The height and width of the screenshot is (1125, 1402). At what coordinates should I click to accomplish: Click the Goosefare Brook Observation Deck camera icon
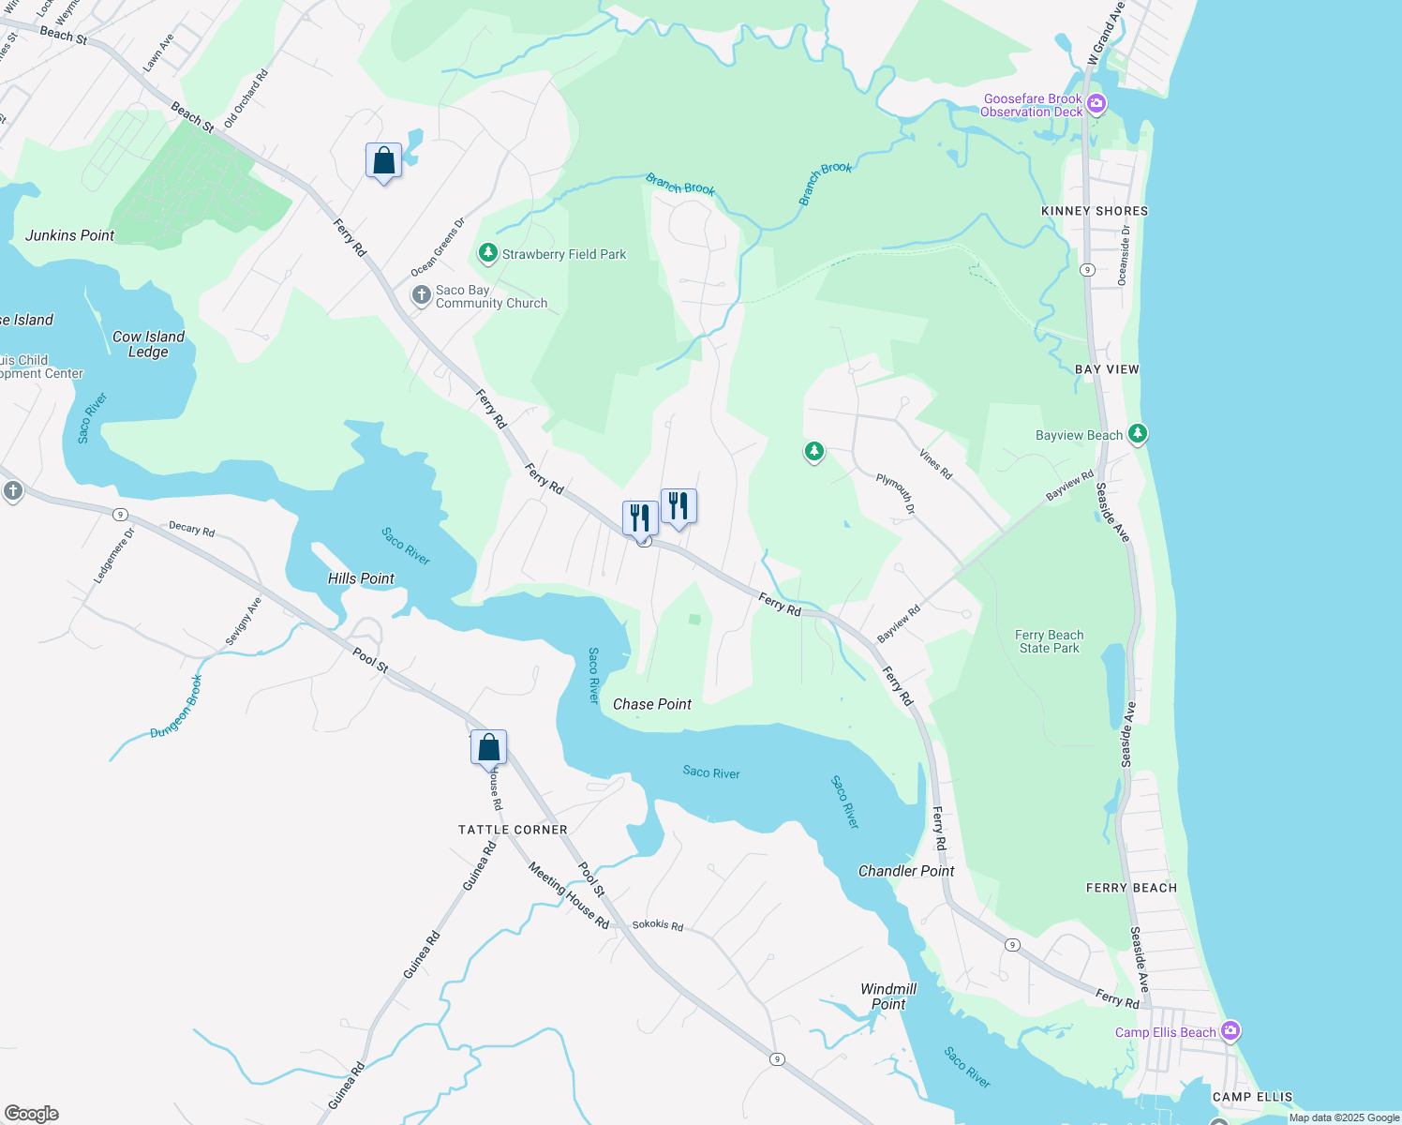click(1096, 104)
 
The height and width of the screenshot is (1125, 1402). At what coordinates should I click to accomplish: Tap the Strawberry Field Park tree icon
click(487, 253)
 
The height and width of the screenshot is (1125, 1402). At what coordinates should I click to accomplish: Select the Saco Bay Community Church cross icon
click(422, 296)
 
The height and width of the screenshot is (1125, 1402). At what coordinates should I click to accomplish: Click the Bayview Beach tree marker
click(1138, 434)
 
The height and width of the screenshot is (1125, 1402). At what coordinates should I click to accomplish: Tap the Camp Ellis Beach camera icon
click(1230, 1031)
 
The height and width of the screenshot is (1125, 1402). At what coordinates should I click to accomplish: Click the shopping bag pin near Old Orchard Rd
click(383, 161)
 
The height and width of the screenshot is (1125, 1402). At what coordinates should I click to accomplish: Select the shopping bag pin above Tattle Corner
click(488, 748)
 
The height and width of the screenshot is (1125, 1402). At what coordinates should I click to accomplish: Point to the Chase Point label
click(652, 704)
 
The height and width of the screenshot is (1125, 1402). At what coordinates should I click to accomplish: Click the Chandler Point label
click(906, 871)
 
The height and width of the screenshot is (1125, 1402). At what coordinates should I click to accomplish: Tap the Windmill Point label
click(888, 997)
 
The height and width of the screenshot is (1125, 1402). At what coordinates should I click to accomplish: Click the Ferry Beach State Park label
click(1050, 641)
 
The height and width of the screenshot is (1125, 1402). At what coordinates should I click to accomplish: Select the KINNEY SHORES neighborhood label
click(1095, 211)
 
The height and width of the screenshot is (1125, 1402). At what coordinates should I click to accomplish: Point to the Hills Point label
click(361, 578)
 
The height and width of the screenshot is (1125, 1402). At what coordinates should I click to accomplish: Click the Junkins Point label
click(69, 235)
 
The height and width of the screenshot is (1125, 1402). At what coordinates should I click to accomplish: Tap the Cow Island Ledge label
click(148, 344)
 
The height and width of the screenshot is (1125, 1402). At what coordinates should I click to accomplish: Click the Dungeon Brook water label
click(176, 707)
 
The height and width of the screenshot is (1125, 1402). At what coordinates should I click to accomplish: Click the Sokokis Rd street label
click(657, 924)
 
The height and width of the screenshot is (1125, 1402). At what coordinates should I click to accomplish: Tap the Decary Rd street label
click(191, 529)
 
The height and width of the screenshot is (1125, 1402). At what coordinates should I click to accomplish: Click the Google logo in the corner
click(32, 1114)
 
